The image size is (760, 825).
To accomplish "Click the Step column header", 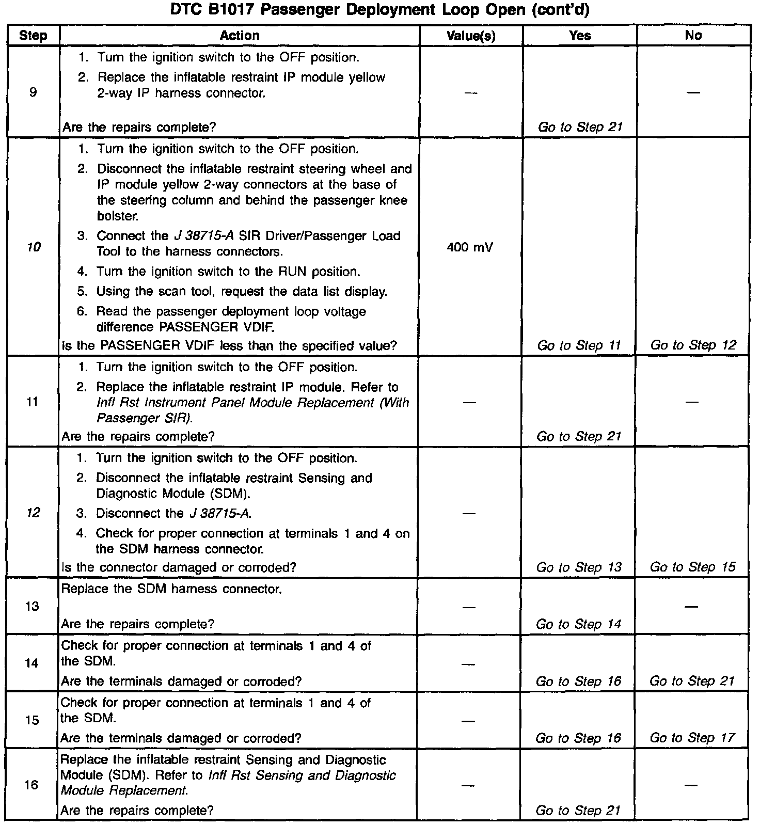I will tap(33, 36).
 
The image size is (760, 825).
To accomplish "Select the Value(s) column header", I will tap(470, 36).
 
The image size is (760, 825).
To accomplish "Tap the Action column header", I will tap(239, 35).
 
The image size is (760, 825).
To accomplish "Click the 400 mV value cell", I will tap(470, 247).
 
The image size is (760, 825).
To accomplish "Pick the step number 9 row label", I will tap(33, 92).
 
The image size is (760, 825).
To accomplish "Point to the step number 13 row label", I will tap(32, 606).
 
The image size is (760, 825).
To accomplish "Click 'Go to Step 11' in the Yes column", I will tap(579, 345).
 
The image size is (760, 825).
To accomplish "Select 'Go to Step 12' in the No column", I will tap(693, 345).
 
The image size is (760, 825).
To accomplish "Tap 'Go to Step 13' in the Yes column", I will tap(579, 567).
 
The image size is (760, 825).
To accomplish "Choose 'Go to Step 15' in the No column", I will tap(692, 567).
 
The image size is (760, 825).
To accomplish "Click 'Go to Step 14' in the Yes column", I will tap(578, 624).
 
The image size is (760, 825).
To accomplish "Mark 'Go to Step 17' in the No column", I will tap(692, 738).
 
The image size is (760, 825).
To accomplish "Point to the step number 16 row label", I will tap(31, 785).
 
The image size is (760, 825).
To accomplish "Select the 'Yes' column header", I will tap(580, 36).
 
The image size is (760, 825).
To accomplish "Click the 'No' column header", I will tap(693, 36).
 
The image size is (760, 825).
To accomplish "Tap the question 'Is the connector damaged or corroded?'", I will tap(179, 567).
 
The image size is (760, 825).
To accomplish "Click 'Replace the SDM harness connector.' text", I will tap(171, 589).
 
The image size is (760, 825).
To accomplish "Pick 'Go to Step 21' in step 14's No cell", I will tap(692, 681).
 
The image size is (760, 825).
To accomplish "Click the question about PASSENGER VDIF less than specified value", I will tap(229, 345).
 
